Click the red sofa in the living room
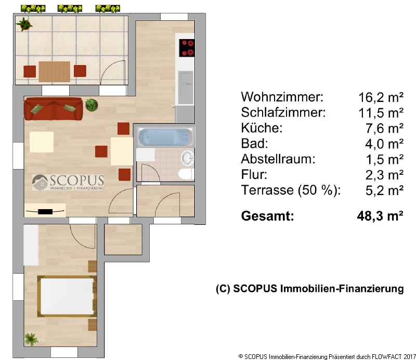[x=54, y=109]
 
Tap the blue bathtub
[x=165, y=137]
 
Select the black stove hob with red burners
[x=187, y=48]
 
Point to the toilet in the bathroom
[x=187, y=174]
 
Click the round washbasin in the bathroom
[x=188, y=158]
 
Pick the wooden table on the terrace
[x=55, y=71]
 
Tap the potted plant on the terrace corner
[x=24, y=24]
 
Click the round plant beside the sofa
[x=92, y=105]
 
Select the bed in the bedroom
[x=67, y=296]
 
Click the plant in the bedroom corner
[x=31, y=339]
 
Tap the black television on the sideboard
[x=45, y=212]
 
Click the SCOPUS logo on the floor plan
[x=68, y=183]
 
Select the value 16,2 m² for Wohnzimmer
[x=381, y=97]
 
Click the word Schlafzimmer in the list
[x=283, y=112]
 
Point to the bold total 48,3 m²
[x=380, y=216]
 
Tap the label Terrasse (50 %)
[x=291, y=190]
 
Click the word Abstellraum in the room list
[x=278, y=159]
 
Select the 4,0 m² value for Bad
[x=384, y=144]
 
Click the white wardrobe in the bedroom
[x=31, y=245]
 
